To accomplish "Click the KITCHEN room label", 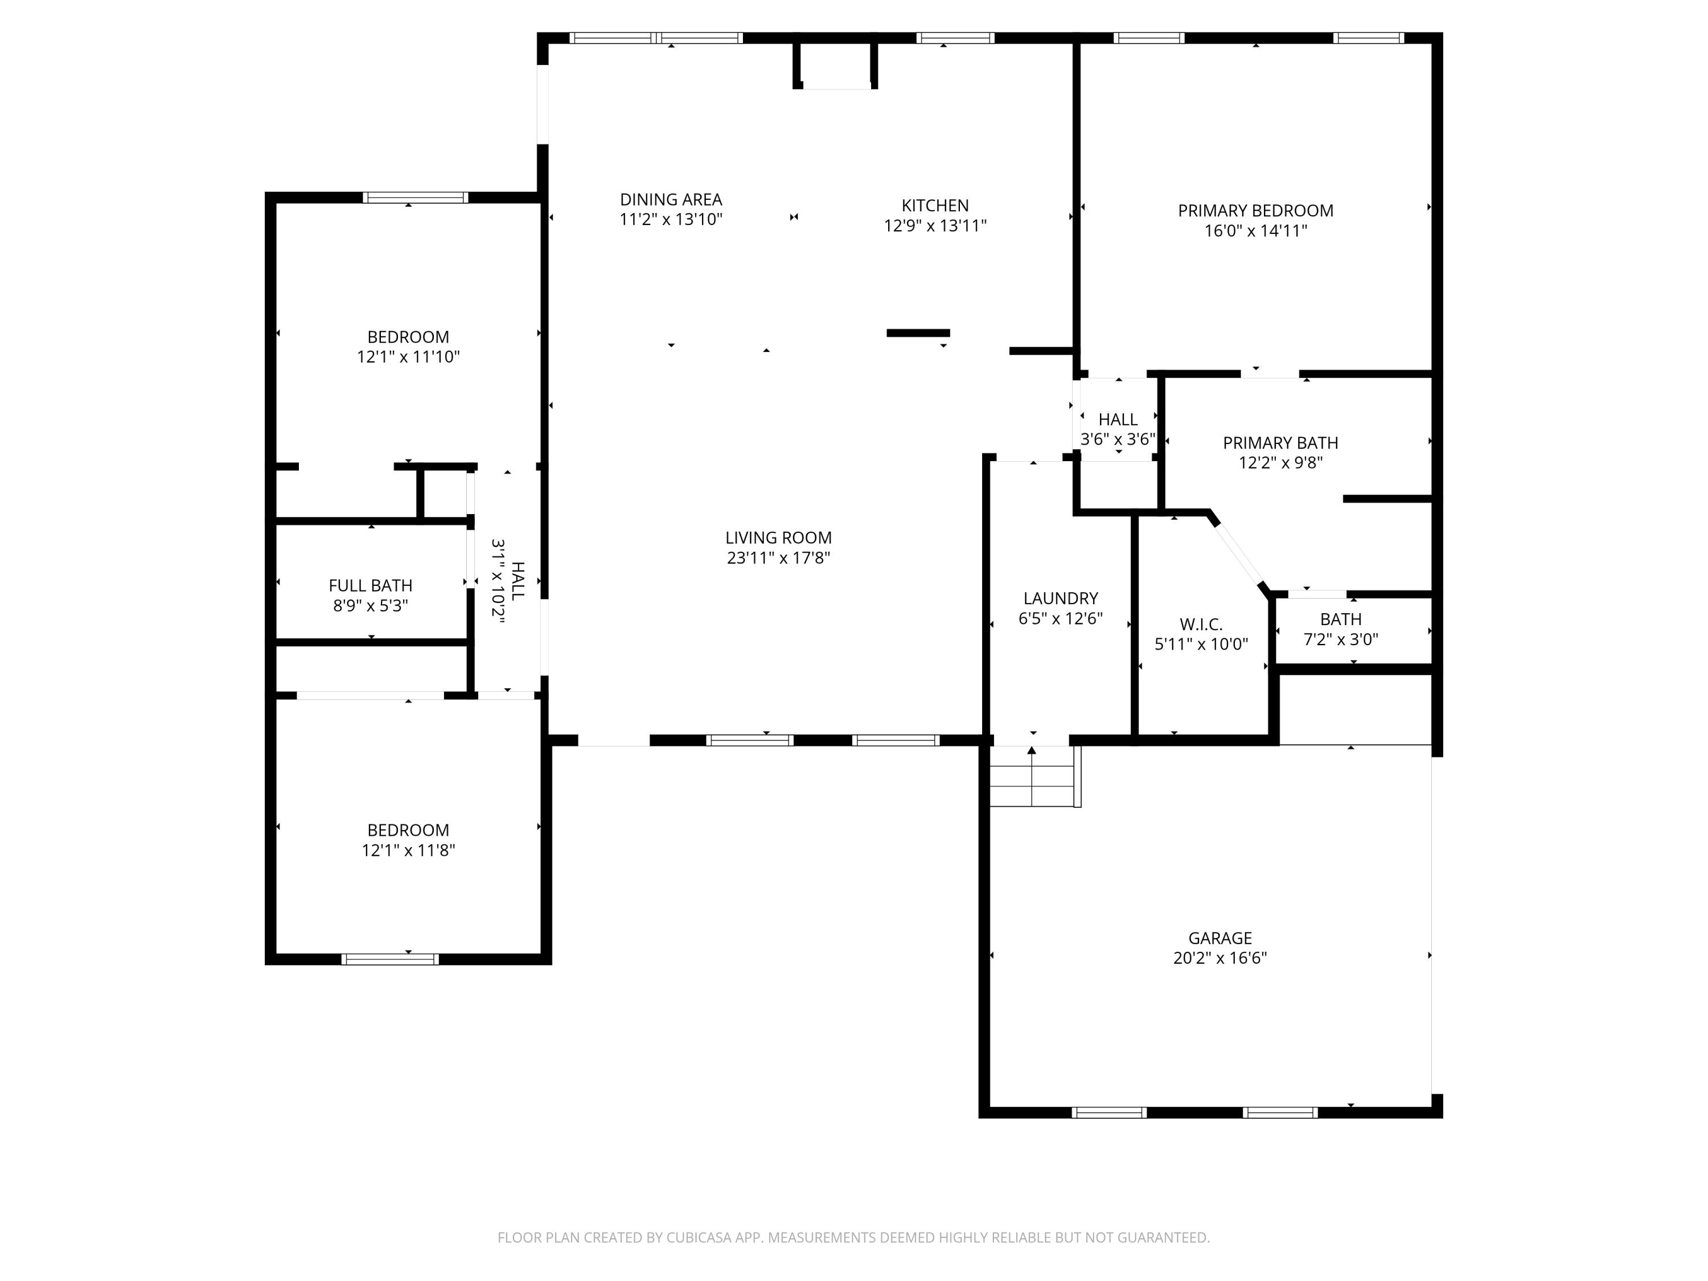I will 934,206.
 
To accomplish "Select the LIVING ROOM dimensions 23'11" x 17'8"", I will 778,557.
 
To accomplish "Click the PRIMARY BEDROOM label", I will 1255,211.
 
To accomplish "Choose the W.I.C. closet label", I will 1200,625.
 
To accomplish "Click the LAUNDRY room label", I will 1060,598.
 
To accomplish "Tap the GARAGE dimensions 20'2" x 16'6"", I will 1220,958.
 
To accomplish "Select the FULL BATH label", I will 370,586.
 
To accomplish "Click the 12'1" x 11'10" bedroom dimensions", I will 408,357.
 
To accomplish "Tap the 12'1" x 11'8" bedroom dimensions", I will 408,850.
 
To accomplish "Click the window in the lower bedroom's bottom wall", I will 390,959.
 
